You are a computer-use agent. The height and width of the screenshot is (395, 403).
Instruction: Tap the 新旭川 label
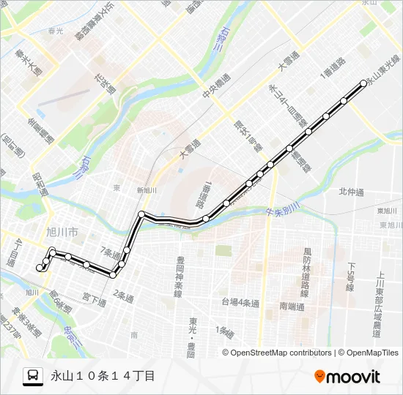[x=147, y=190]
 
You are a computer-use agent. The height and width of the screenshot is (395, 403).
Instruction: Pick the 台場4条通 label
[x=240, y=302]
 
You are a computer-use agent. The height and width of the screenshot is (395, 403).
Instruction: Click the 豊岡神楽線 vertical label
[x=178, y=276]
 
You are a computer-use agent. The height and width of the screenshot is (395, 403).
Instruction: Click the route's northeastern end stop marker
[x=363, y=83]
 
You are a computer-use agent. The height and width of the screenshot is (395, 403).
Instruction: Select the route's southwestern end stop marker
[x=40, y=268]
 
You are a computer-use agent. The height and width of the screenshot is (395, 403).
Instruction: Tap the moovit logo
[x=347, y=376]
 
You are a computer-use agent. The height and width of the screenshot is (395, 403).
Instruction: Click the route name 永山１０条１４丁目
[x=103, y=376]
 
